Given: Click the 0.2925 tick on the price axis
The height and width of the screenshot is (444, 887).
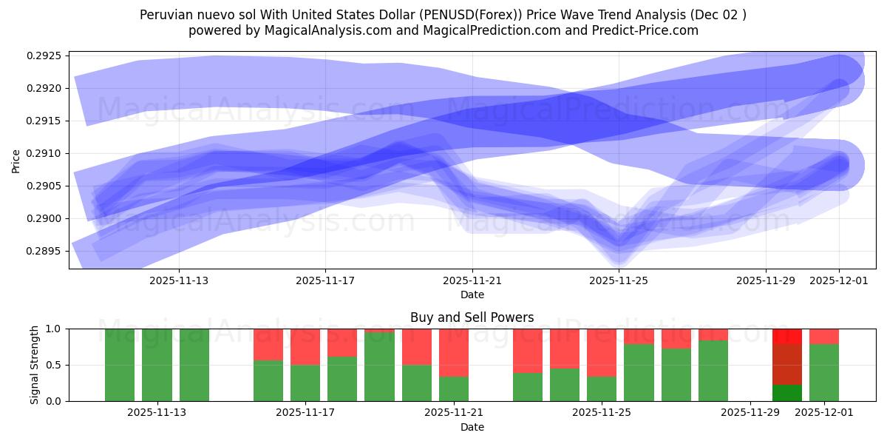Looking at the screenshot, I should tap(44, 55).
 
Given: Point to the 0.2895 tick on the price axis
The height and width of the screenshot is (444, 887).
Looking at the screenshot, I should tap(44, 251).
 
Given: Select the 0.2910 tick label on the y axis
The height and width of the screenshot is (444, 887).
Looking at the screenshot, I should tap(44, 153).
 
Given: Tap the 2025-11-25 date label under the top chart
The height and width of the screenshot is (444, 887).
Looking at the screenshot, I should tap(619, 280).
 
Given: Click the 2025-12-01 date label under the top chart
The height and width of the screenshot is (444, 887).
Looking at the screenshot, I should tap(839, 280).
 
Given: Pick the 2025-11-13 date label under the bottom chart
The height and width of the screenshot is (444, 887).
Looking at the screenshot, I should tap(157, 412).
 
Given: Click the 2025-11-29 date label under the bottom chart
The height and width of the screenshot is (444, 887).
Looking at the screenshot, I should tap(750, 412).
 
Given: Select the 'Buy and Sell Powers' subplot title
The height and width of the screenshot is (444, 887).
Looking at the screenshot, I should tap(472, 317).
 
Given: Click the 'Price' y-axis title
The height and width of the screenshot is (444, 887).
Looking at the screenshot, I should tap(16, 161).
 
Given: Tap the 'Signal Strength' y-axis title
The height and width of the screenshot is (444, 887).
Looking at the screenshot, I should tap(34, 365).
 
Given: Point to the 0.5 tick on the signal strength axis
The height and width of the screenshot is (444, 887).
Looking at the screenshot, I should tap(56, 365).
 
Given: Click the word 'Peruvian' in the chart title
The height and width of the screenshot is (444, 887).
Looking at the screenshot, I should tap(165, 15).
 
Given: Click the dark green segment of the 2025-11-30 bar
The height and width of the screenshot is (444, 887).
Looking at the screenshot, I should tap(786, 393).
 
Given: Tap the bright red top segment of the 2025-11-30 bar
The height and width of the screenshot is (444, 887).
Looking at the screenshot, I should tap(786, 336).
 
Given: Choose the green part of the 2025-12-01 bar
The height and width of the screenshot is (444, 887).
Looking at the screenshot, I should tap(824, 372).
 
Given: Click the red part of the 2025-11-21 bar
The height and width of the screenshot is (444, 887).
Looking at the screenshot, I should tap(454, 352).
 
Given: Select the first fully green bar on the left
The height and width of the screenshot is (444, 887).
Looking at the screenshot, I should tap(120, 365).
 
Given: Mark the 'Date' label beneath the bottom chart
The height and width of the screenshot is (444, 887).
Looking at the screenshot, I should tap(472, 427).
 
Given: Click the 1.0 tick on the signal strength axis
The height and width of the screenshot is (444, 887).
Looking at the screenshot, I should tap(56, 329).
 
